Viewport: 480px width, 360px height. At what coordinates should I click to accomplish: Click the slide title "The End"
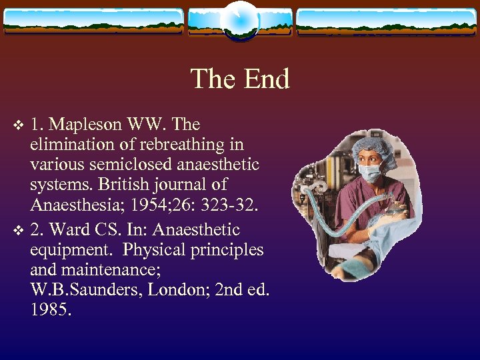[240, 79]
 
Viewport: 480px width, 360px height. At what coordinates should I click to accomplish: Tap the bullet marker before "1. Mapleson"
[19, 125]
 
